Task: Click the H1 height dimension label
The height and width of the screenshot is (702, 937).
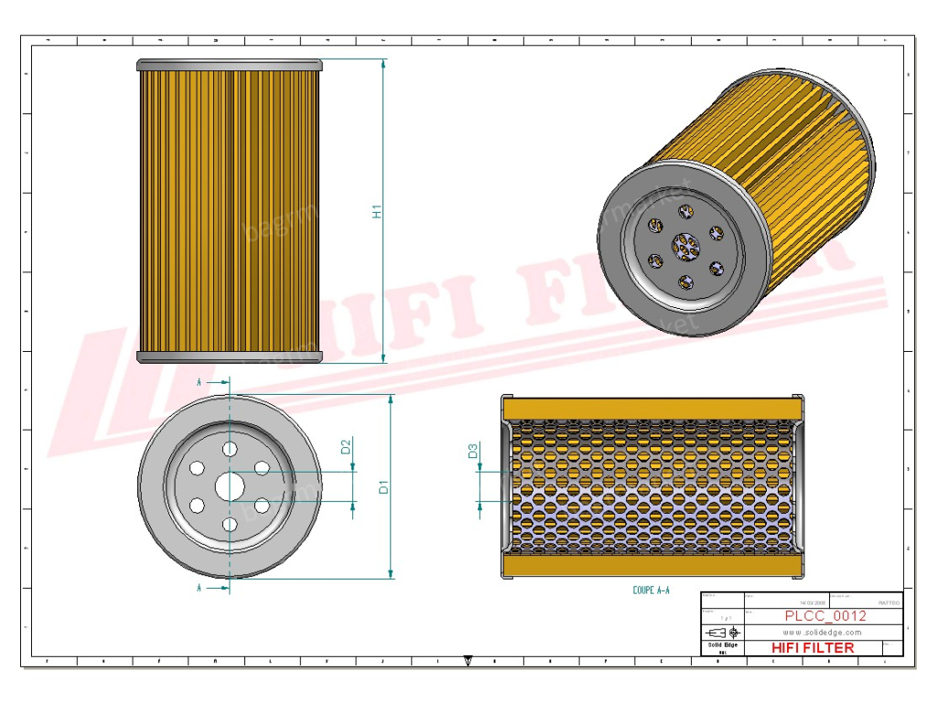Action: tap(376, 211)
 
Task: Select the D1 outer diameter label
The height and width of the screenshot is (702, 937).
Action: tap(384, 487)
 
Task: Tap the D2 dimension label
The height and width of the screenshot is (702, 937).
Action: tap(346, 447)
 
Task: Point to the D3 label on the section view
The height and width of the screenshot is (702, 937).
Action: tap(472, 451)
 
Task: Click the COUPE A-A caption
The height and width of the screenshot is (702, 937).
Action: tap(652, 590)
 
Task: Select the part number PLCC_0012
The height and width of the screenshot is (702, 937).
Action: tap(825, 616)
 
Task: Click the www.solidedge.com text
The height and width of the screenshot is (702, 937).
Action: tap(823, 632)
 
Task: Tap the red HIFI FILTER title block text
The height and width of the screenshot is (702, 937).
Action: tap(813, 647)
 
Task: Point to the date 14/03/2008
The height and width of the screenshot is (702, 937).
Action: tap(812, 603)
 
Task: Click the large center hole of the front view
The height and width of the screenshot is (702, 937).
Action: tap(230, 486)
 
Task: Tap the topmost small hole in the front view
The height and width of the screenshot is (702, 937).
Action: tap(230, 449)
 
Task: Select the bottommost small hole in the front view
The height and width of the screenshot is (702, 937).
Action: tap(230, 524)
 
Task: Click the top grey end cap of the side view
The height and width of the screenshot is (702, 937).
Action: tap(230, 66)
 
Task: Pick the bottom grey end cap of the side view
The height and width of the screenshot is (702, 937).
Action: tap(230, 356)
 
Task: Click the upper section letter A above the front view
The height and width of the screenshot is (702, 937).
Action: tap(199, 381)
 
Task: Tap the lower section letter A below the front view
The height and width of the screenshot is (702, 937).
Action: tap(199, 589)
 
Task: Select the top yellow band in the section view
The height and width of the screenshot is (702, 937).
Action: tap(652, 408)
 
